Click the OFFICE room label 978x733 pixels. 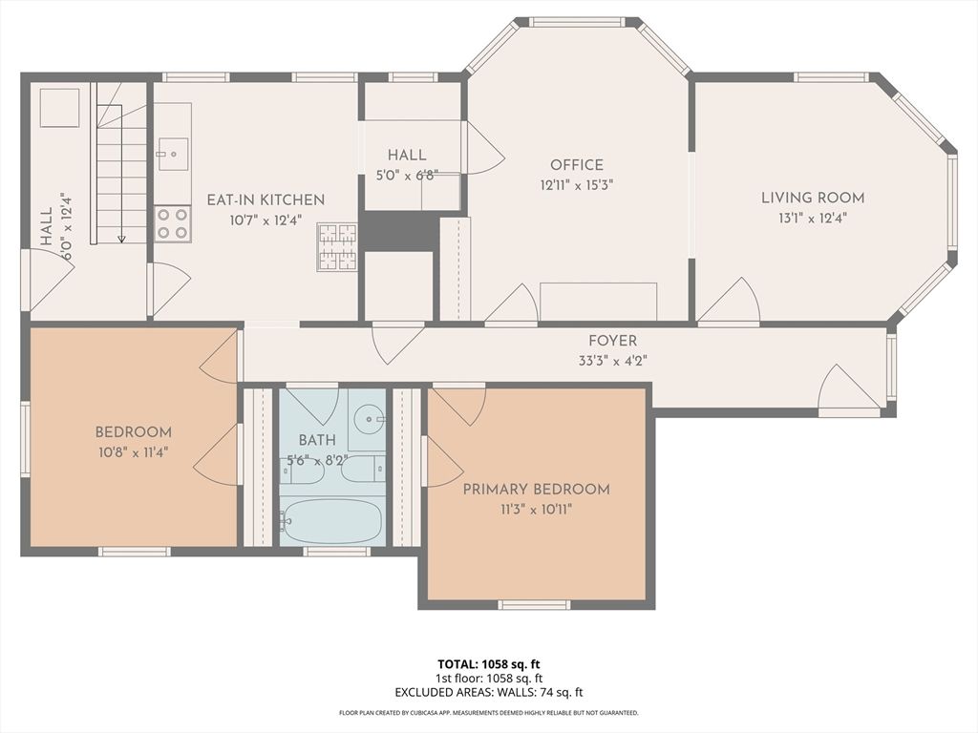pyautogui.click(x=576, y=165)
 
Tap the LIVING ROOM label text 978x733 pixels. pyautogui.click(x=812, y=199)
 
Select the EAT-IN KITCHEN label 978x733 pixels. pyautogui.click(x=266, y=200)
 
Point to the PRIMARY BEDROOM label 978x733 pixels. pyautogui.click(x=536, y=490)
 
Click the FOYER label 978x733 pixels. pyautogui.click(x=612, y=341)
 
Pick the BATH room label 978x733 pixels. pyautogui.click(x=316, y=440)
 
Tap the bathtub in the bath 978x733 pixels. pyautogui.click(x=332, y=521)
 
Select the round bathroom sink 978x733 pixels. pyautogui.click(x=367, y=418)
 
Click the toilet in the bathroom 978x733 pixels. pyautogui.click(x=363, y=469)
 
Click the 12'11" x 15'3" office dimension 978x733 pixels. pyautogui.click(x=576, y=185)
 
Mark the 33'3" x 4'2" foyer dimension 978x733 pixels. pyautogui.click(x=612, y=361)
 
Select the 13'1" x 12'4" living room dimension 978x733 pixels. pyautogui.click(x=812, y=218)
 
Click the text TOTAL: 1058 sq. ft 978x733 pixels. pyautogui.click(x=489, y=664)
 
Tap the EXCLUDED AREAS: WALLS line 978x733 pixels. pyautogui.click(x=489, y=693)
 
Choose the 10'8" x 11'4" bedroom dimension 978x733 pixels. pyautogui.click(x=134, y=451)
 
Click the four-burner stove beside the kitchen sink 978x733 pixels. pyautogui.click(x=173, y=223)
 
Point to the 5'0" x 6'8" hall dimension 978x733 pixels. pyautogui.click(x=406, y=175)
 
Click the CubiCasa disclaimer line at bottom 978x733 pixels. pyautogui.click(x=489, y=713)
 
